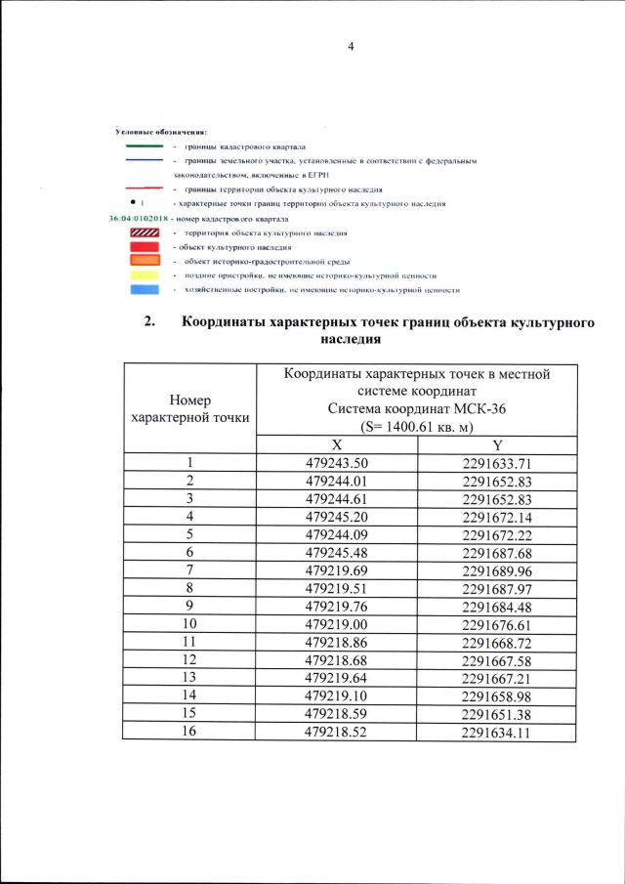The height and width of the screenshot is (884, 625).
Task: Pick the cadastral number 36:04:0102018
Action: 140,218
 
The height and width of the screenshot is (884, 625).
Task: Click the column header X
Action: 336,444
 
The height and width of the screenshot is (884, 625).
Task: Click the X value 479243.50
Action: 336,463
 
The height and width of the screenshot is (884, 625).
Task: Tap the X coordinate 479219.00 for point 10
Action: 336,623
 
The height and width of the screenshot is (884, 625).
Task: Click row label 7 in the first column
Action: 189,569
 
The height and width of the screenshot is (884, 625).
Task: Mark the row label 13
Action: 189,677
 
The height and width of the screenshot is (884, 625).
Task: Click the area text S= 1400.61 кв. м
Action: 416,427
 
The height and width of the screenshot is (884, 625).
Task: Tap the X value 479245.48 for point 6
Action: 336,552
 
